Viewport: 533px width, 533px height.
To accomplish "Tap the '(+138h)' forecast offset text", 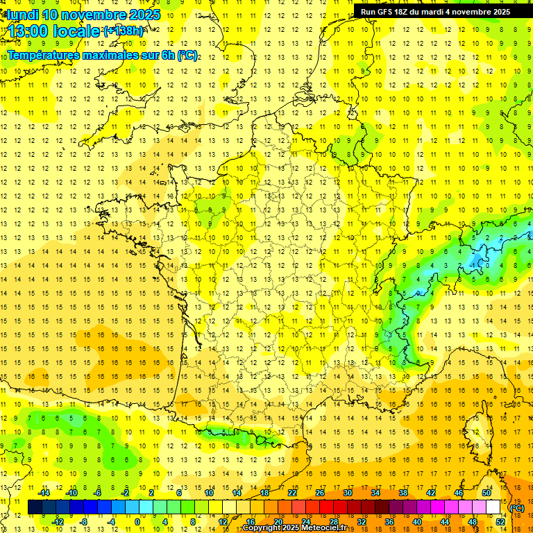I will click(124, 31).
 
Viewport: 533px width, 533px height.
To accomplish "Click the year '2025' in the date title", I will click(144, 15).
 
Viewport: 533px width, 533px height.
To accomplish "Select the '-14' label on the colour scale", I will click(44, 492).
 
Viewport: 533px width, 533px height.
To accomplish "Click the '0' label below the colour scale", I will click(137, 521).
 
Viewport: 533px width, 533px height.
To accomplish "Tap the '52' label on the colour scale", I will click(500, 521).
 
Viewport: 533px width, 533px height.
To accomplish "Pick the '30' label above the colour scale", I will click(347, 492).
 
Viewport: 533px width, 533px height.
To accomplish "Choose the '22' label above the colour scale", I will click(292, 492).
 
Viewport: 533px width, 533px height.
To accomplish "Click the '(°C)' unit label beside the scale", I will click(517, 507).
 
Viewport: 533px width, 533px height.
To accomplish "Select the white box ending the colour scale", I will click(493, 507).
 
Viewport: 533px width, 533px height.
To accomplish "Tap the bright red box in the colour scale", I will click(327, 507).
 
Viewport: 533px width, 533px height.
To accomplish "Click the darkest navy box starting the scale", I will click(35, 507).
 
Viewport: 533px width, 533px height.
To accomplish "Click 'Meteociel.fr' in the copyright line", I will click(329, 528).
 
